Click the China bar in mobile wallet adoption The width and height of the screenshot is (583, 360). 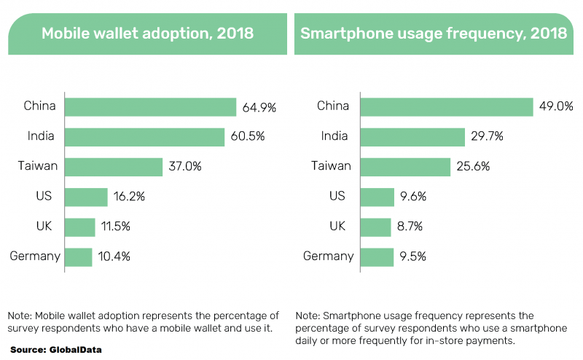click(151, 107)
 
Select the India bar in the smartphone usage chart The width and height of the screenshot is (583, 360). click(413, 137)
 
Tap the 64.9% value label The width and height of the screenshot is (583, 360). click(259, 108)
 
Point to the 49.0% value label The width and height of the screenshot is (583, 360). click(555, 106)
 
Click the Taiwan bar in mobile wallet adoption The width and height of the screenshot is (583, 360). click(114, 167)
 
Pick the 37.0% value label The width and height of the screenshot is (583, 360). click(184, 167)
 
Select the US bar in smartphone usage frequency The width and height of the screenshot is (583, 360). click(378, 197)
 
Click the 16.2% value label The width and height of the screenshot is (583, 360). click(130, 197)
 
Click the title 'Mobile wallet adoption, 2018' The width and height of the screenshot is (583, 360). click(147, 34)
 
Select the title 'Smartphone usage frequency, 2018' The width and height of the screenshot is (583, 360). click(434, 34)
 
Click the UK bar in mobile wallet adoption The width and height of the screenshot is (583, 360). click(80, 227)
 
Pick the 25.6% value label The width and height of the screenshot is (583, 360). click(472, 167)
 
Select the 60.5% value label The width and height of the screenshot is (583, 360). click(247, 137)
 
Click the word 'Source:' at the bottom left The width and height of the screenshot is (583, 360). click(28, 349)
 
